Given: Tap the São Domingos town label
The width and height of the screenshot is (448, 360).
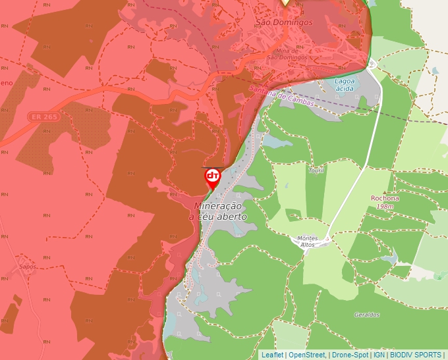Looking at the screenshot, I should (x=284, y=22).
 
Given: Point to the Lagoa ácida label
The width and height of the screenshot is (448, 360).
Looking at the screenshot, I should (x=344, y=84).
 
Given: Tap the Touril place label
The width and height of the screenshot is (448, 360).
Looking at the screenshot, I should (x=316, y=170).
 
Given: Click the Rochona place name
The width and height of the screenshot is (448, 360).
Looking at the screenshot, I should (x=385, y=198).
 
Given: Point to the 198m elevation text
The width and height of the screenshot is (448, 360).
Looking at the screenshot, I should (x=385, y=207).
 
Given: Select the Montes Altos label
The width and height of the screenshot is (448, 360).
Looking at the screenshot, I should (x=308, y=241).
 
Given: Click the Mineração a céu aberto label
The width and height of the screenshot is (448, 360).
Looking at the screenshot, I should (x=218, y=211).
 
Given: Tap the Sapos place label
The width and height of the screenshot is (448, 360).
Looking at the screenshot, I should (x=27, y=267).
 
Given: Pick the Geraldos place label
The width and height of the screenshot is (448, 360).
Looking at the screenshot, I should (x=366, y=315).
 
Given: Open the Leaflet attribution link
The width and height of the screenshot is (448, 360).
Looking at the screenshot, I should (x=272, y=355).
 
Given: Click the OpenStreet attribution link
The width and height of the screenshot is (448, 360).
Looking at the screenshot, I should (x=307, y=355).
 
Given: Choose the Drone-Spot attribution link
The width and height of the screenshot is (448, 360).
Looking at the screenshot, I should (x=350, y=355).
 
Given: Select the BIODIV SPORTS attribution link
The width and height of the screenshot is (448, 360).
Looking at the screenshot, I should (x=416, y=355).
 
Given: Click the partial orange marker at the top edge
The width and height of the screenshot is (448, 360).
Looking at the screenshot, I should (x=285, y=3).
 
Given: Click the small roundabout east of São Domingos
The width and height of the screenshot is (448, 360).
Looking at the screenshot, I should (x=372, y=64).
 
